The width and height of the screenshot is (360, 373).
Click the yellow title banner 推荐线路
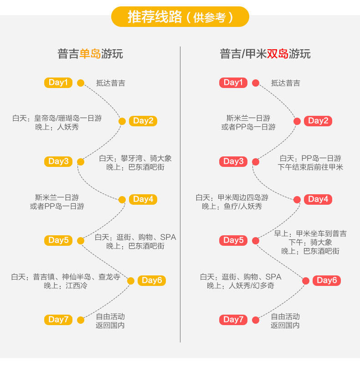180,17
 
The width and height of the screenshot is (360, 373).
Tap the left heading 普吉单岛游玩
90,54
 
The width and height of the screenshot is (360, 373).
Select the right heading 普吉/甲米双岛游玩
265,54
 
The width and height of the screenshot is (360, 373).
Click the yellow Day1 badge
58,83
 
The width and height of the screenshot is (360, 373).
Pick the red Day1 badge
233,83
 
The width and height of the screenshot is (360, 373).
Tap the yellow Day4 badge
143,199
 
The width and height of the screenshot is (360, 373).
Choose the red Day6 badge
327,280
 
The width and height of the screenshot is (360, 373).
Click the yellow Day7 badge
58,320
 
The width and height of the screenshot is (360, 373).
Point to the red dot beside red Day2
297,121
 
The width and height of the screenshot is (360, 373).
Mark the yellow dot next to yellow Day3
81,161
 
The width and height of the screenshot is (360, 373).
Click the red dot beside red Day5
256,241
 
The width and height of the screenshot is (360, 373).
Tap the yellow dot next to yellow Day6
131,281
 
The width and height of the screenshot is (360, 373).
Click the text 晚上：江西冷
66,286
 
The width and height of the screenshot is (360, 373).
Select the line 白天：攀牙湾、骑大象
135,159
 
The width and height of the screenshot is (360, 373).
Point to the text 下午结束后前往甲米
310,167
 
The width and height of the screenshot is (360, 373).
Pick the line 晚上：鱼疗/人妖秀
232,207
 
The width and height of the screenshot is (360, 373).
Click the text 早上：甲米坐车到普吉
310,233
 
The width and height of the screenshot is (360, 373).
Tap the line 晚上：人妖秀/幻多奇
241,286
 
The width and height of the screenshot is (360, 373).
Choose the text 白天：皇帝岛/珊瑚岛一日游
57,118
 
